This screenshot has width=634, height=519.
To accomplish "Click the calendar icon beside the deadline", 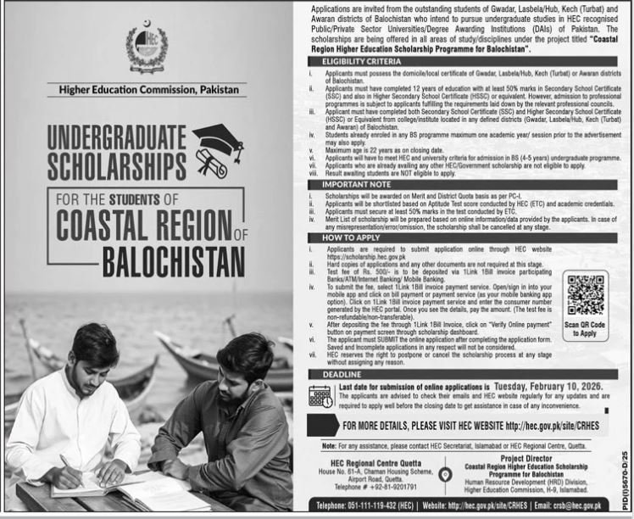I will pyautogui.click(x=320, y=396).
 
